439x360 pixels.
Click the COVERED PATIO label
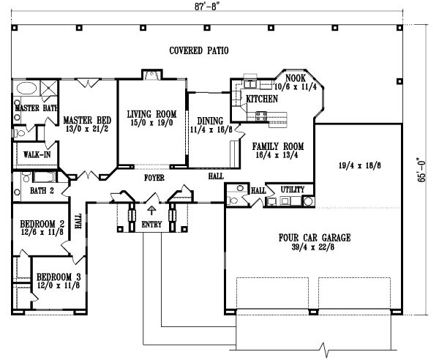pos(199,51)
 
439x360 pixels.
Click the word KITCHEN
pos(261,99)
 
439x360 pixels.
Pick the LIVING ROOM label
pos(151,113)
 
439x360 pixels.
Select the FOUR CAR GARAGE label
pos(315,238)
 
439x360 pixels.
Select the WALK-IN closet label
pos(31,155)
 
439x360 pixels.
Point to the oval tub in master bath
pos(26,90)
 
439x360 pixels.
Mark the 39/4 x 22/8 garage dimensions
pos(315,247)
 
